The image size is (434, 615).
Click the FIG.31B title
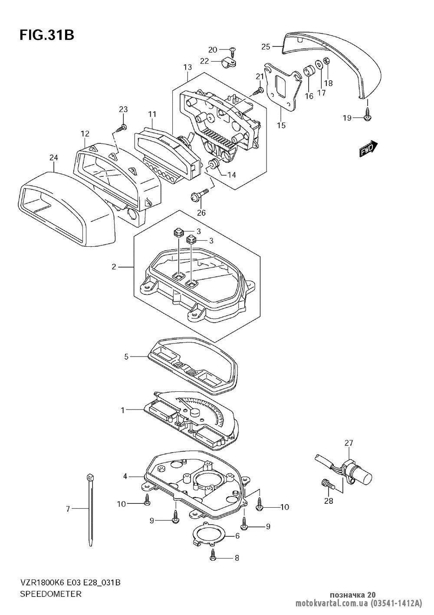pos(47,36)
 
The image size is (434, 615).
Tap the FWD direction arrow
pos(368,149)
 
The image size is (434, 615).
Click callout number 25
pos(266,46)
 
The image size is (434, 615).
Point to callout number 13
pos(187,67)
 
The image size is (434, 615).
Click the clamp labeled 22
pos(229,64)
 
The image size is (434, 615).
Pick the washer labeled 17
pos(319,65)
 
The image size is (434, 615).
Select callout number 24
pos(54,158)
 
